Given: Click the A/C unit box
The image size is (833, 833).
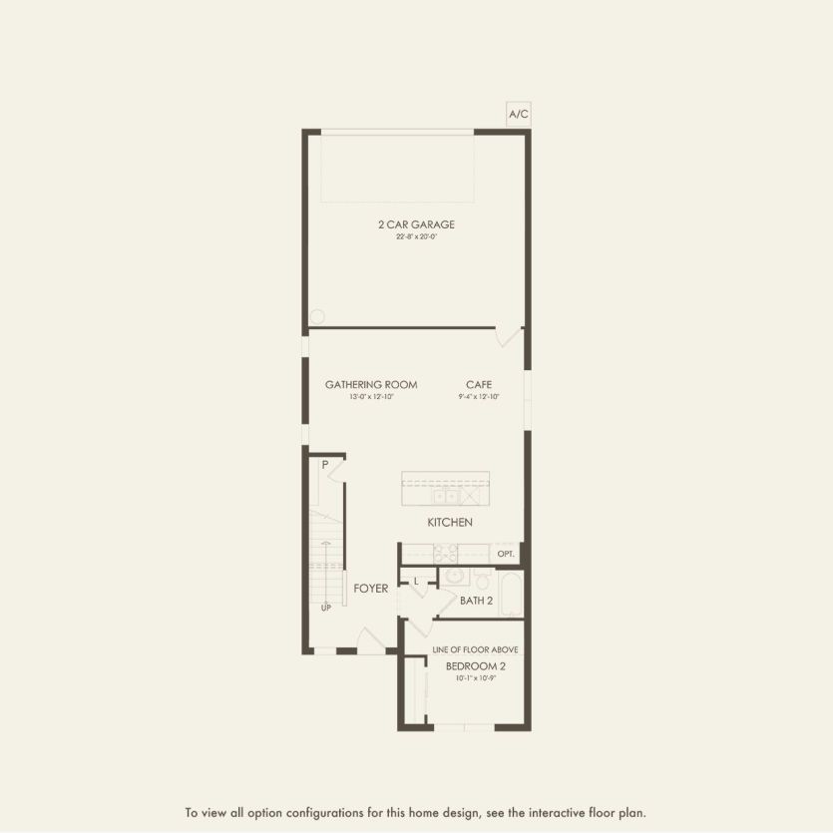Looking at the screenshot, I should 519,115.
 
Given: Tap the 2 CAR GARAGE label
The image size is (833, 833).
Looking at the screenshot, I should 416,224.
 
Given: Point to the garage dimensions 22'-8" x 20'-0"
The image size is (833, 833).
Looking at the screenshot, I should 416,237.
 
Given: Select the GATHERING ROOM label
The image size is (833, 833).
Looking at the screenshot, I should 371,384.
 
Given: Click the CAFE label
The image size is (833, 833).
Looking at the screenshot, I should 479,384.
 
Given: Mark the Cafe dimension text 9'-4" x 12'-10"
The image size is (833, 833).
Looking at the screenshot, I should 479,397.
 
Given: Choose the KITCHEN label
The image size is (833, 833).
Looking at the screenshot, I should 450,522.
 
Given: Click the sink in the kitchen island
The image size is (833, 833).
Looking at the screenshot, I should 446,495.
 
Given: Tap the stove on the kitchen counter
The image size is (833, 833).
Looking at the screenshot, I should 445,555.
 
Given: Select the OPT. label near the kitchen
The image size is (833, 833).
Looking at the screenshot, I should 506,553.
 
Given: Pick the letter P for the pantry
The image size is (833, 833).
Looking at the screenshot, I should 325,465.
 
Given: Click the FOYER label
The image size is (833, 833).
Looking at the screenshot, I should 371,589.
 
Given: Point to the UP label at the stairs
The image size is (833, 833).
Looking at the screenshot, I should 325,607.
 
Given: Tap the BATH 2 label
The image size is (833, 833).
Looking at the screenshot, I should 476,601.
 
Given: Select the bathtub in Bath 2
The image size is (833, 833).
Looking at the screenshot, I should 510,594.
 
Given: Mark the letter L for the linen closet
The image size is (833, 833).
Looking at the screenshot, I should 416,580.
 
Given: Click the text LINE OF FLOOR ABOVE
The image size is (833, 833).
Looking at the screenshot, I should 475,649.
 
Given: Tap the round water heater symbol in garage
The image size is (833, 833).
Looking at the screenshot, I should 317,316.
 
